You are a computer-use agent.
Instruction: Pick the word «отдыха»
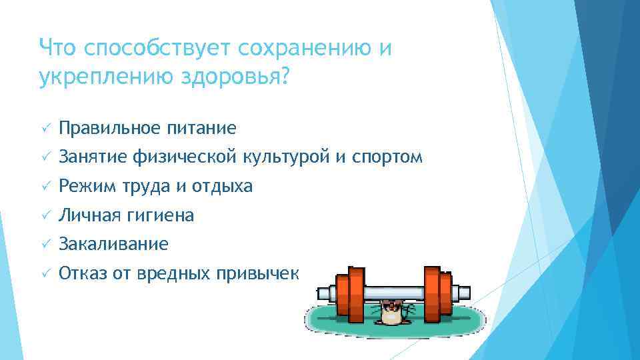(x=222, y=187)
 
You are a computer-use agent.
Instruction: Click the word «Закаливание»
(x=113, y=245)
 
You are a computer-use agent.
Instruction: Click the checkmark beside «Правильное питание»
(x=45, y=128)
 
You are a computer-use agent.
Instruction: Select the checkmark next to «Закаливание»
(x=45, y=245)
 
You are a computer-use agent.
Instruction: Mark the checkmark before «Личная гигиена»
(x=45, y=216)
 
